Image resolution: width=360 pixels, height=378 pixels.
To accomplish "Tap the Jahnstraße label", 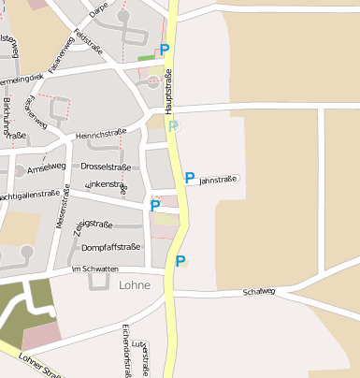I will (x=220, y=178).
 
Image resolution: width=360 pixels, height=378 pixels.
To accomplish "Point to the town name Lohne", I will (x=135, y=285).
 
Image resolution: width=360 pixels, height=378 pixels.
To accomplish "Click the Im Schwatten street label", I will (x=95, y=269).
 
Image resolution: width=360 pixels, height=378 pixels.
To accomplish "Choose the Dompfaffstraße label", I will (x=111, y=248).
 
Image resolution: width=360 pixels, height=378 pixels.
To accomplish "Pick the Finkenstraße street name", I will (x=105, y=186).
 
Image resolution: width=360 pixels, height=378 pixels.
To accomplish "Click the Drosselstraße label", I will (x=108, y=166).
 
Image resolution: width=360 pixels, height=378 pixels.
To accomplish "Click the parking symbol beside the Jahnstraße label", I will (x=190, y=177).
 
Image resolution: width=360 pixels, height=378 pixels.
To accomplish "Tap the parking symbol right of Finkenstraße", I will (x=155, y=205).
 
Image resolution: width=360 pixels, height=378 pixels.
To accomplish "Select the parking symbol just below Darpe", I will (x=166, y=49).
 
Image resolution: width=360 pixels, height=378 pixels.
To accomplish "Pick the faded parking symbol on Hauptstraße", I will (x=173, y=126).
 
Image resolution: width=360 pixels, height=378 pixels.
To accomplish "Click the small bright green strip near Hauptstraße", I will (x=146, y=58).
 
